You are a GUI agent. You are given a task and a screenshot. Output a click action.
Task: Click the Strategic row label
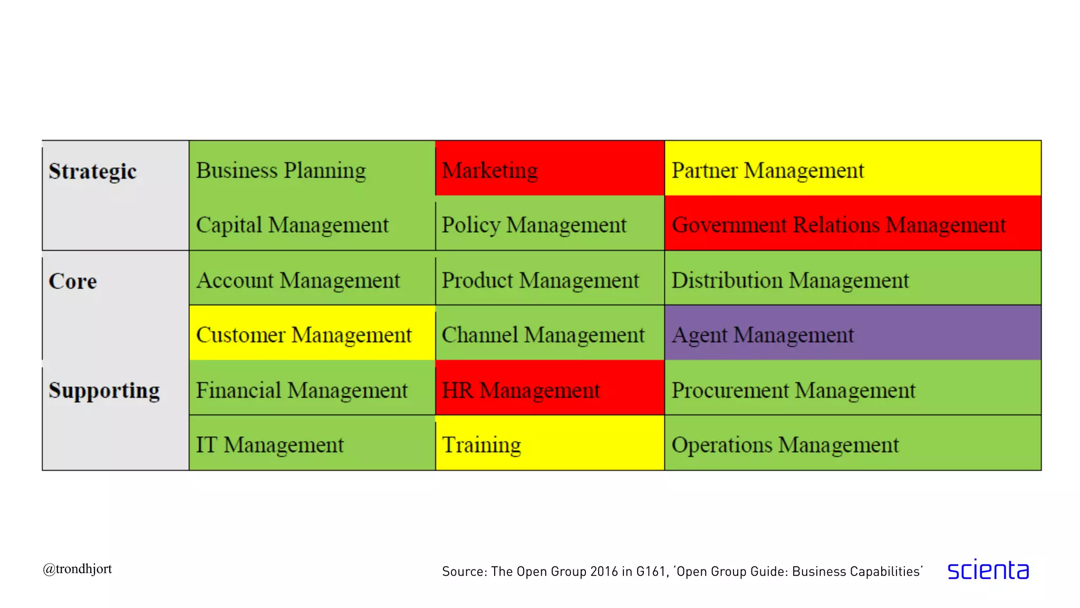[x=93, y=172]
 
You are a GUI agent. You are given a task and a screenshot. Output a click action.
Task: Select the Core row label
[x=73, y=281]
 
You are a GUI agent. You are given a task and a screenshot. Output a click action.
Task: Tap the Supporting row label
[x=104, y=391]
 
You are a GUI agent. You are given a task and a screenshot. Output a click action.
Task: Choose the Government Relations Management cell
[x=852, y=224]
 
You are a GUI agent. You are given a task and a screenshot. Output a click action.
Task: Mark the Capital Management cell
[x=312, y=224]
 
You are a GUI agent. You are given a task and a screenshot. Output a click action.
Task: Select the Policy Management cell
[x=549, y=224]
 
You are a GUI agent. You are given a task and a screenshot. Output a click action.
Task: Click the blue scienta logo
[x=988, y=570]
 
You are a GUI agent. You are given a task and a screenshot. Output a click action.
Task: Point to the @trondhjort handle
[x=78, y=569]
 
